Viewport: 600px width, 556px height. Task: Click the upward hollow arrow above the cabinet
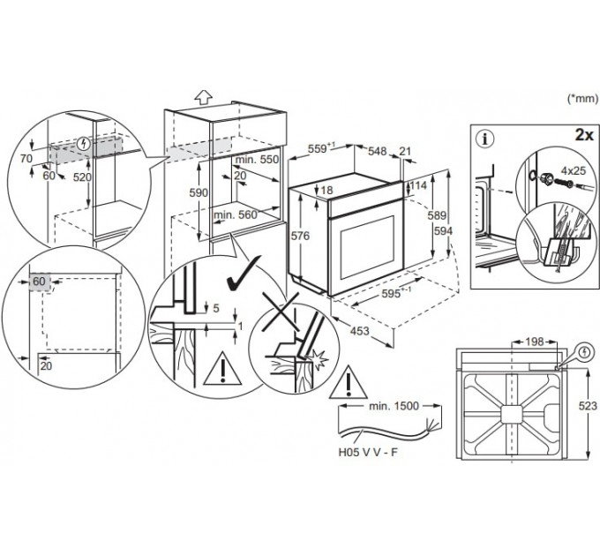(203, 97)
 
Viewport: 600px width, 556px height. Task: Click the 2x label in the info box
(584, 135)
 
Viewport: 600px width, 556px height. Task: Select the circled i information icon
(485, 139)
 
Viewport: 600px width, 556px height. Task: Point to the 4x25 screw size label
(574, 170)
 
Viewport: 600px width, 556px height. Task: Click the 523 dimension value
(588, 406)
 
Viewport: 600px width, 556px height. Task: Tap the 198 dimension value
(534, 342)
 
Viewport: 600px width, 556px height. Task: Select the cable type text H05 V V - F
(368, 452)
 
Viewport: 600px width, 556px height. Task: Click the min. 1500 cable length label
(394, 406)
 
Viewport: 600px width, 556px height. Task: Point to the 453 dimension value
(360, 331)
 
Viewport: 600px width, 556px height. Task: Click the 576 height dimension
(300, 237)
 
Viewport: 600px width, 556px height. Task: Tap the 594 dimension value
(444, 230)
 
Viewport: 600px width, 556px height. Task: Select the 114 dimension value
(418, 185)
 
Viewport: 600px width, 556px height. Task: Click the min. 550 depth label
(257, 160)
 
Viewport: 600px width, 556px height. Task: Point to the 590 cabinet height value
(199, 192)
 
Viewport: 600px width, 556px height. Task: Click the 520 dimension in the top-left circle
(82, 177)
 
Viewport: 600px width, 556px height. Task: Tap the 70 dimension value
(26, 158)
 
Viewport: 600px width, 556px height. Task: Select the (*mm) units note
(582, 99)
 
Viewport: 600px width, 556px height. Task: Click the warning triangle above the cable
(349, 382)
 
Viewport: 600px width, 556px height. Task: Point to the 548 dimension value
(378, 151)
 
